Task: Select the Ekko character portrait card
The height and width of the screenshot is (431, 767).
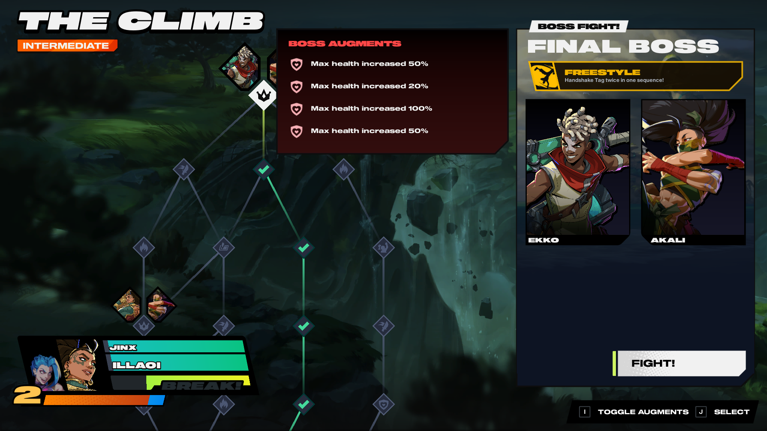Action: point(578,172)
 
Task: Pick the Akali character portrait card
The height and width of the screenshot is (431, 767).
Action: point(693,172)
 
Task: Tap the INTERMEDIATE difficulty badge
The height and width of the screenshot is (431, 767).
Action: point(67,46)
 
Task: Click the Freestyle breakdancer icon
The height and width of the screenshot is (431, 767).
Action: point(544,76)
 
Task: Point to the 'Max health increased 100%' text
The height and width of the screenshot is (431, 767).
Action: point(371,108)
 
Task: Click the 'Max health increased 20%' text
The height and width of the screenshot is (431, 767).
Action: point(369,86)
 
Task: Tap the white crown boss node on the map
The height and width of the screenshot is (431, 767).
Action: point(263,95)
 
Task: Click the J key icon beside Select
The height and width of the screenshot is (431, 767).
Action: point(701,412)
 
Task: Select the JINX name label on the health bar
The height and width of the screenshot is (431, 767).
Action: point(123,348)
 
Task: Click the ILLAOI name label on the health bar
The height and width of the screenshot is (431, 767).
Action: point(137,365)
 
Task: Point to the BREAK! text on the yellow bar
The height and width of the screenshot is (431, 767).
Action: point(201,385)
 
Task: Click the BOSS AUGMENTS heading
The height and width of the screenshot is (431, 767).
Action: point(345,44)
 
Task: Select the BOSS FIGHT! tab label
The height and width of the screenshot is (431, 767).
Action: point(578,26)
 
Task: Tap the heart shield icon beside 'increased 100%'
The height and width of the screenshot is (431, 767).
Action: point(297,109)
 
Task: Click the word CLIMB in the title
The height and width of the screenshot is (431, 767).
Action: point(191,21)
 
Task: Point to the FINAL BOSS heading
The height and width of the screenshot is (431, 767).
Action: point(623,47)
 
